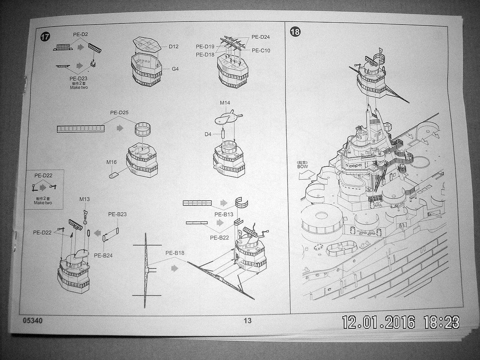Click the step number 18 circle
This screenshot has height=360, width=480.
(295, 32)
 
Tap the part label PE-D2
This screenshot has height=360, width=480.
(80, 34)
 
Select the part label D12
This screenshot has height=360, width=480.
(174, 46)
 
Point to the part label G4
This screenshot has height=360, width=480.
(175, 69)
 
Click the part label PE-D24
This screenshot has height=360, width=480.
(261, 37)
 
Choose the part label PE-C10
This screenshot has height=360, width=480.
(261, 50)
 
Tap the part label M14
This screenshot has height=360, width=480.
(225, 103)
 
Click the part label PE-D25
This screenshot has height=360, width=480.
(119, 112)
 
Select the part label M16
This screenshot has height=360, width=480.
(112, 162)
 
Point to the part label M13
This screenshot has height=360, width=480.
(84, 199)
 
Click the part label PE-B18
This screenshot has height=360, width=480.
(175, 253)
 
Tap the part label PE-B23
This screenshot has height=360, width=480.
(117, 214)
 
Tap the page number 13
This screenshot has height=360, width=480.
(248, 321)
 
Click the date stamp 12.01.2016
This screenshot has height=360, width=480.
(378, 322)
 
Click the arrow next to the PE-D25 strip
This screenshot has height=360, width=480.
(120, 128)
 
